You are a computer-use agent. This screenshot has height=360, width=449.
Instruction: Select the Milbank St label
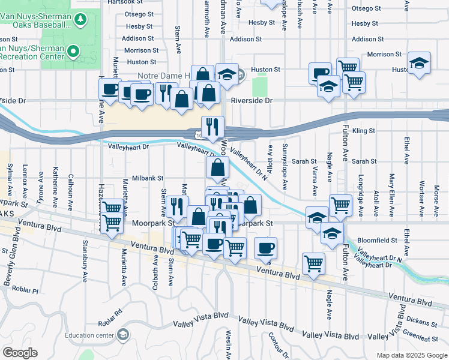[148, 178]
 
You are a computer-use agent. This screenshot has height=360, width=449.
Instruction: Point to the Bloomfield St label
[378, 240]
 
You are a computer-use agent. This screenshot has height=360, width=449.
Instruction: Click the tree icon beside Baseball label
[80, 21]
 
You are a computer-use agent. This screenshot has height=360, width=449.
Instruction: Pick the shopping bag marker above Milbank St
[217, 169]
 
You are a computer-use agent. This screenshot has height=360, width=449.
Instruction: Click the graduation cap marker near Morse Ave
[419, 64]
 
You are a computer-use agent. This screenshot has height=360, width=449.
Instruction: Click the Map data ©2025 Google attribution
[412, 355]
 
